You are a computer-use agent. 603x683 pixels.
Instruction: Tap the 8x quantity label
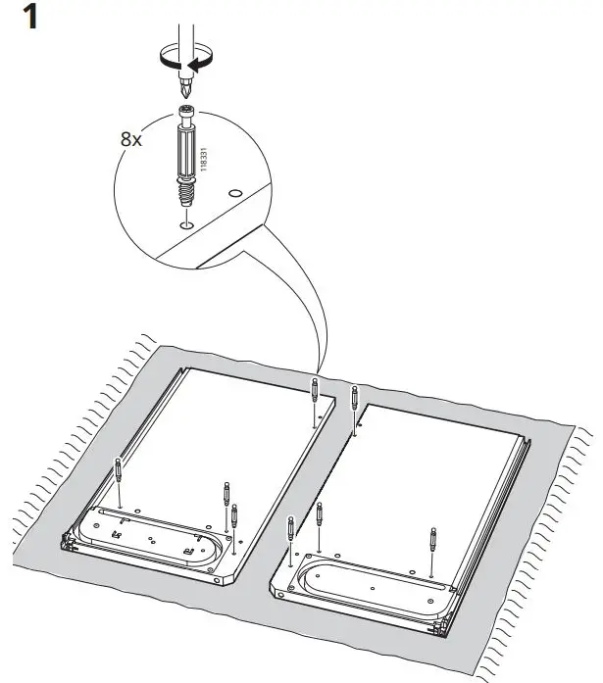point(130,140)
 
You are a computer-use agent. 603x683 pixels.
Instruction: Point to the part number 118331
point(204,160)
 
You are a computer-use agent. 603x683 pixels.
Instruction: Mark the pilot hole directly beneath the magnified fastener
point(185,224)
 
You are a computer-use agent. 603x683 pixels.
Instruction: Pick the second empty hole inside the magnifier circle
point(235,194)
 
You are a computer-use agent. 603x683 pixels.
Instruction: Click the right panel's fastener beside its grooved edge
point(432,540)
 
